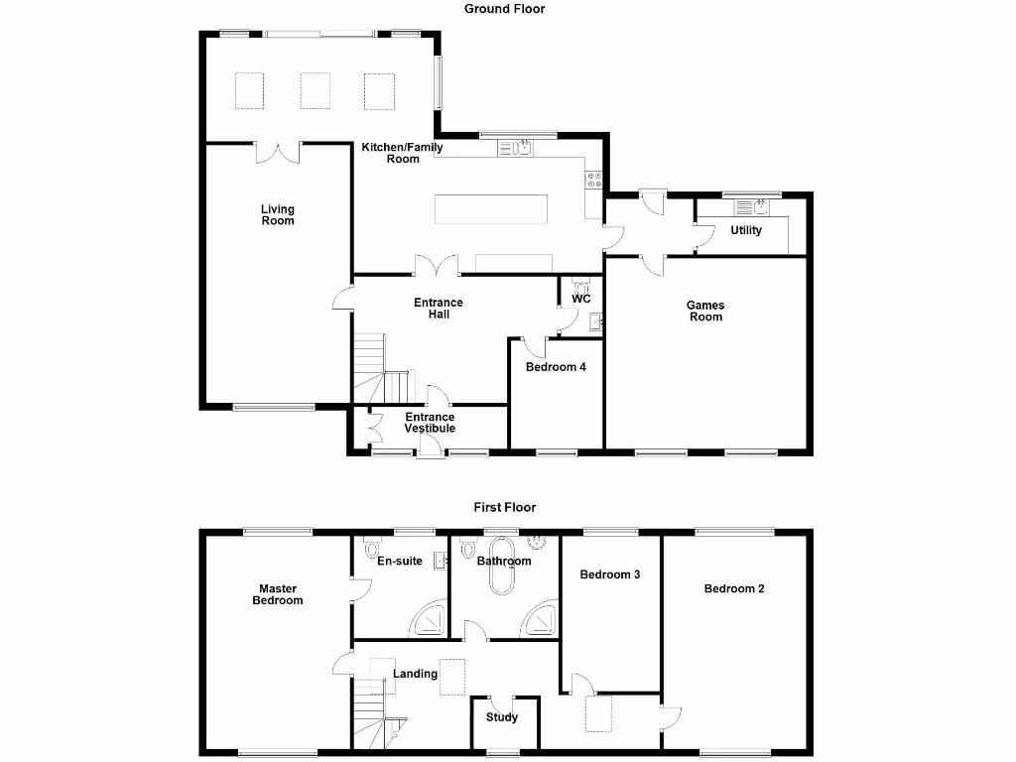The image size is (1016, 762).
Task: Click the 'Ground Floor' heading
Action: tap(504, 9)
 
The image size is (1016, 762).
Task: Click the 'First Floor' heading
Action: tap(504, 507)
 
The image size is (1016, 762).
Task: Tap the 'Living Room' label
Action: tap(278, 214)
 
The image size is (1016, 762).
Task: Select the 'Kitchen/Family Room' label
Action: tap(403, 153)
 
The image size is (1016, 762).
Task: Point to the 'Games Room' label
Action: tap(705, 312)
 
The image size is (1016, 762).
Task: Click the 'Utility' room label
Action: tap(746, 230)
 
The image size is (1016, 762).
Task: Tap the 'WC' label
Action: tap(581, 299)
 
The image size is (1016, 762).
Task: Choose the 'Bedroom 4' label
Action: tap(556, 367)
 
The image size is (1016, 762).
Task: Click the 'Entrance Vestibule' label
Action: tap(430, 423)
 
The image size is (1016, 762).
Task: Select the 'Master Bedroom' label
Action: tap(278, 594)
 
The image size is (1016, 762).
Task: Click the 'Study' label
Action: tap(502, 718)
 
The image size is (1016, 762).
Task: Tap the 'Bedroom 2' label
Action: tap(734, 588)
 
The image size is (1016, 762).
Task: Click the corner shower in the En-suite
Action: tap(430, 620)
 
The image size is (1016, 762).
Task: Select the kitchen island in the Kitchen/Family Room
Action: tap(490, 209)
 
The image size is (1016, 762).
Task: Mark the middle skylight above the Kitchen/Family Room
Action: tap(315, 91)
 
